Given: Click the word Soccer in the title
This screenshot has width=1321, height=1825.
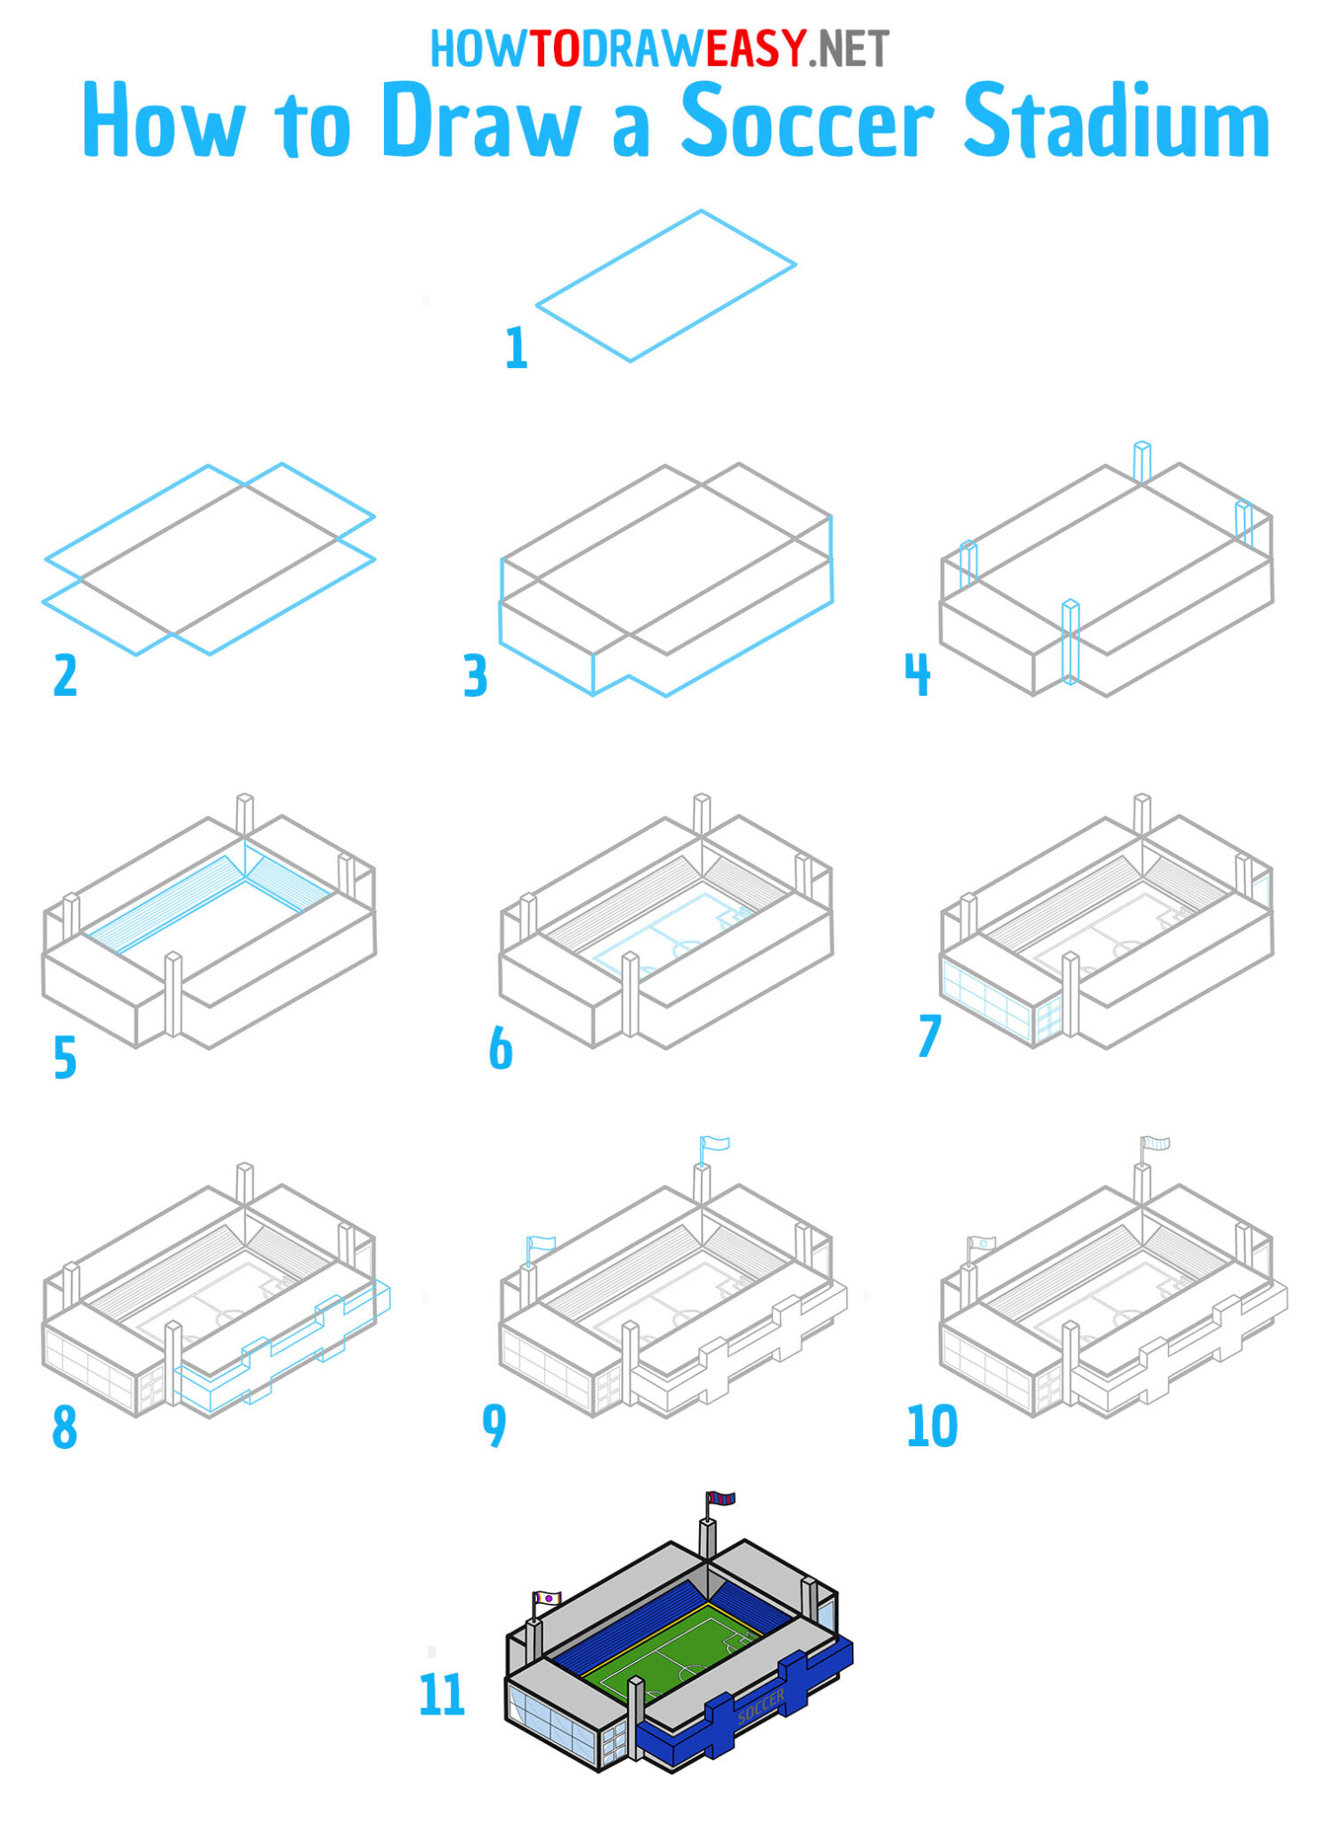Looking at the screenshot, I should point(807,121).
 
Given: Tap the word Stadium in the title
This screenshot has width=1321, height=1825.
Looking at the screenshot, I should point(1117,123).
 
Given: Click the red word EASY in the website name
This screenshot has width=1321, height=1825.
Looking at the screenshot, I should point(755,49).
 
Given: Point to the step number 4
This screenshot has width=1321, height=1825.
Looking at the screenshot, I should point(917,675).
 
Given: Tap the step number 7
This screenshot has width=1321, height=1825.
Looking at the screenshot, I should point(928,1036).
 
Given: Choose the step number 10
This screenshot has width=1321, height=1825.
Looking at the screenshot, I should point(931,1426).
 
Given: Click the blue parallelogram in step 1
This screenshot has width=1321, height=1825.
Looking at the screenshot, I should point(665,286).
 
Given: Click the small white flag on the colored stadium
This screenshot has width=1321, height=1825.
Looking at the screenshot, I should point(547,1599).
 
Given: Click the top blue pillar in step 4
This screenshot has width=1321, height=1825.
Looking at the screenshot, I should point(1141,461).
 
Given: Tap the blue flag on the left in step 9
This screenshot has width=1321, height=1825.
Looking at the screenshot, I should point(541,1243).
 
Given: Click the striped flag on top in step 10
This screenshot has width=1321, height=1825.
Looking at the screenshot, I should point(1156,1142).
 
